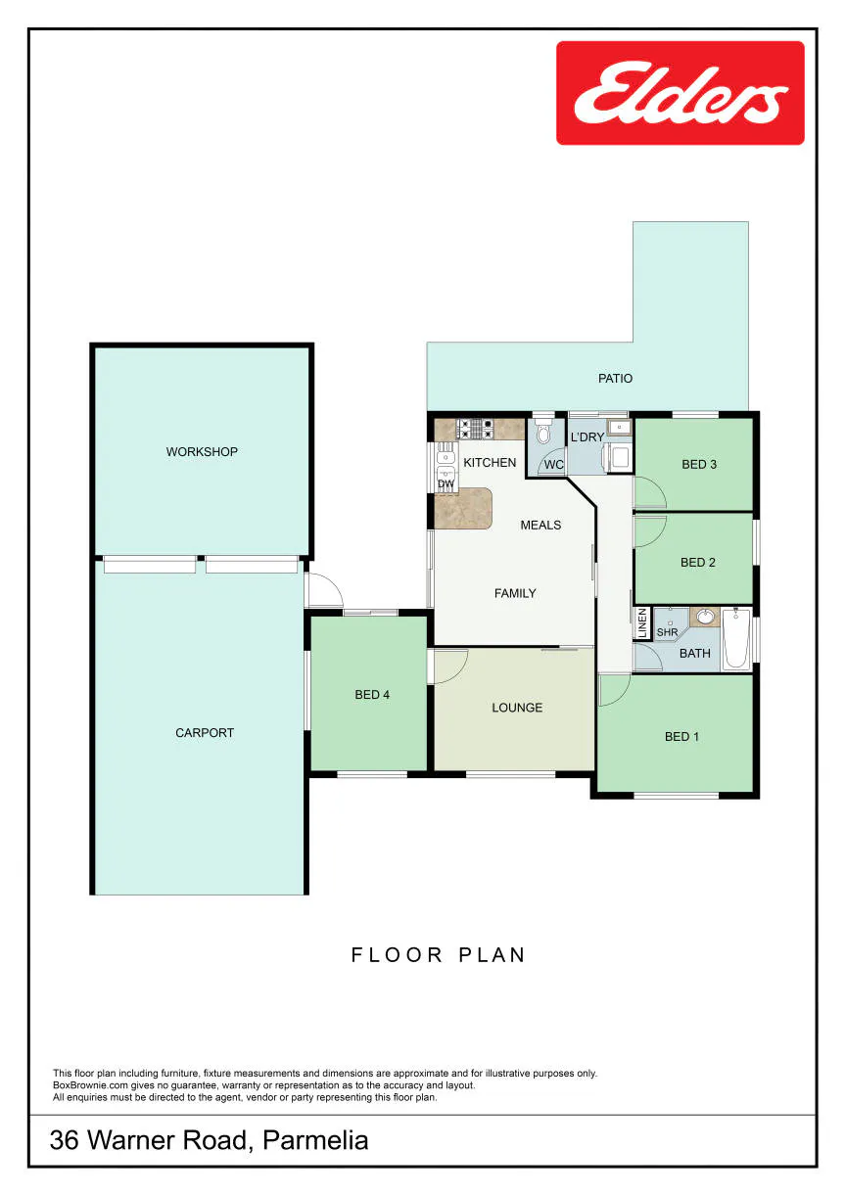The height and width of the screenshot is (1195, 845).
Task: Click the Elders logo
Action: [x=681, y=93]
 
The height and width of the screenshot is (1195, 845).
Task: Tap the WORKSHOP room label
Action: [x=202, y=452]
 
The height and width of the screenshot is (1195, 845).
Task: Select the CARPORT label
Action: [x=205, y=732]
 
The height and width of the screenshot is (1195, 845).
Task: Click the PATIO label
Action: [x=615, y=378]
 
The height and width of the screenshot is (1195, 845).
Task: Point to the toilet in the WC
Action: [x=543, y=433]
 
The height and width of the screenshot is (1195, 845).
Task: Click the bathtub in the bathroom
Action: [x=736, y=638]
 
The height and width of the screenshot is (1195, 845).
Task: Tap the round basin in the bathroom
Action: [x=705, y=617]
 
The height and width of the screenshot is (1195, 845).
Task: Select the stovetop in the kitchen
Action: [x=475, y=428]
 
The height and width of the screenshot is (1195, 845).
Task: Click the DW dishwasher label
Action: [x=446, y=483]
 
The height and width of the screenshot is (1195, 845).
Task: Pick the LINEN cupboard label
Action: [x=642, y=623]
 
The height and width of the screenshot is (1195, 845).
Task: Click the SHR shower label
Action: [x=667, y=632]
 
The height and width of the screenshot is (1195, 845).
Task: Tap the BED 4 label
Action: [x=372, y=695]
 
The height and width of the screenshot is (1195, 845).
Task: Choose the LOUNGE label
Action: [x=517, y=708]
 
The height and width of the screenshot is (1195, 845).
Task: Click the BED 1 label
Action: [x=681, y=737]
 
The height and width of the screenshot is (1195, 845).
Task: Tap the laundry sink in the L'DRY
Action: [x=620, y=428]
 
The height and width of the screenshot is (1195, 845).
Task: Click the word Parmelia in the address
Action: [x=315, y=1140]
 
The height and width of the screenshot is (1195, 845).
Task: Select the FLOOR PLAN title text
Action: [x=439, y=955]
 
